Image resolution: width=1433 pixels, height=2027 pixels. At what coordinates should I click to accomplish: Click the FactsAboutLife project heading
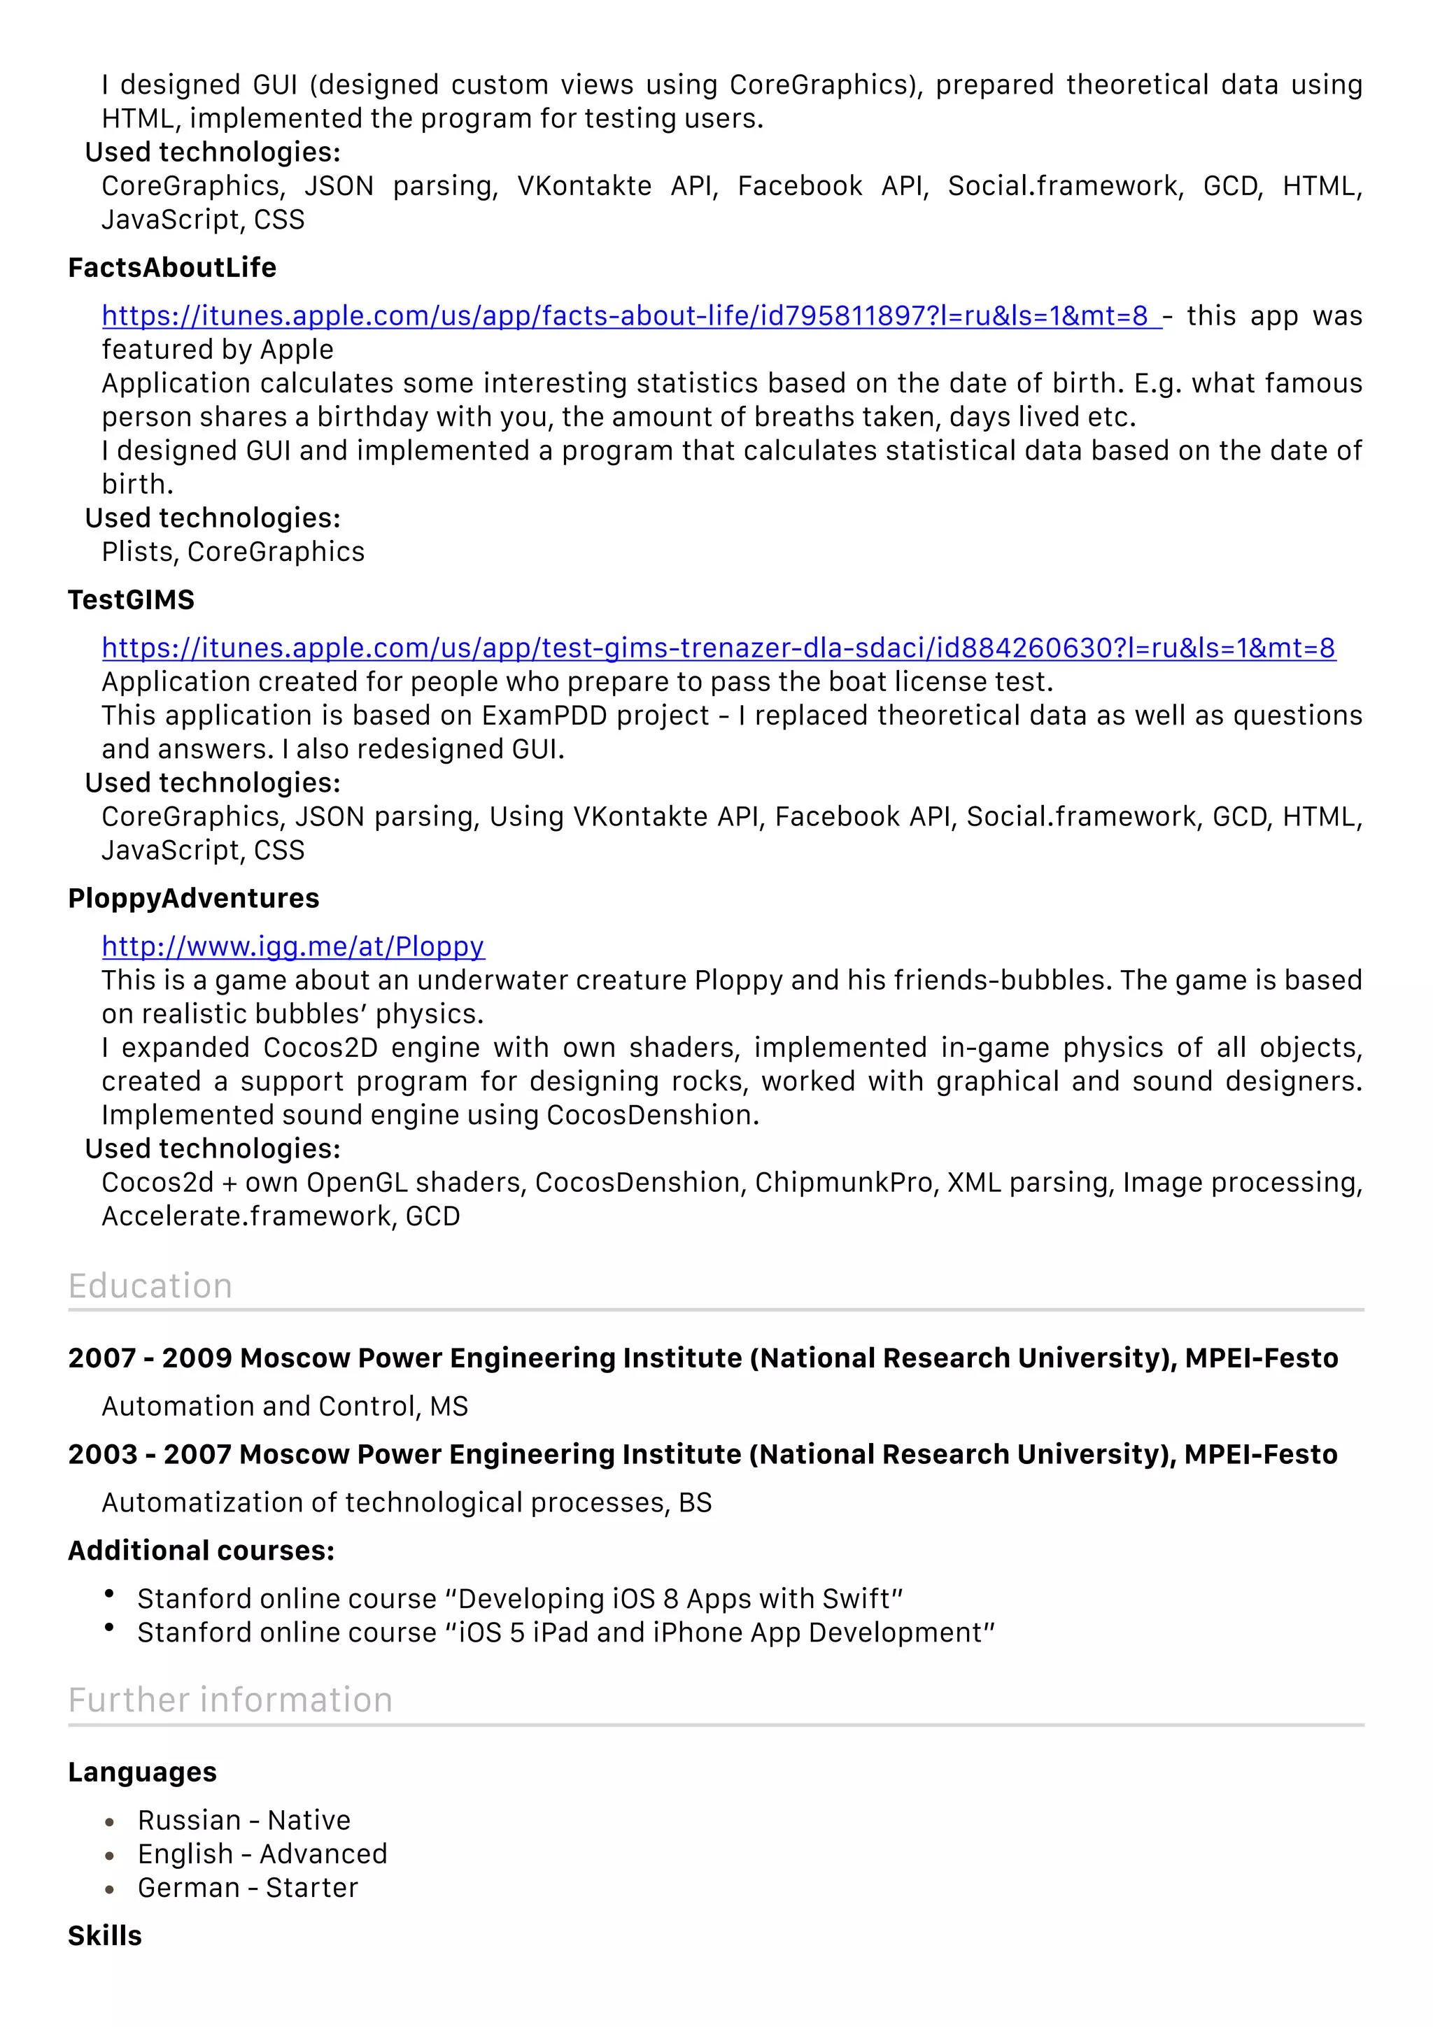pos(172,267)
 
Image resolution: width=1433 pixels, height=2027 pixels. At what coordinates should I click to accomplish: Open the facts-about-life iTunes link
pos(625,316)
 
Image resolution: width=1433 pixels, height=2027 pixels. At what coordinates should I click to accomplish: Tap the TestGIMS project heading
pos(131,599)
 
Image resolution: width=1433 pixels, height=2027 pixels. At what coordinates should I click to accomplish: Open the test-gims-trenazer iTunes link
pos(718,648)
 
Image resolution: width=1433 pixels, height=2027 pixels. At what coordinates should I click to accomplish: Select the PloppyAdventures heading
pos(193,898)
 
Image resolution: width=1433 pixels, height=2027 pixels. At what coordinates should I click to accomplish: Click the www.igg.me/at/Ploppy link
pos(292,946)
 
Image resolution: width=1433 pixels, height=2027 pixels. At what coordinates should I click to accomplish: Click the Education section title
pos(150,1286)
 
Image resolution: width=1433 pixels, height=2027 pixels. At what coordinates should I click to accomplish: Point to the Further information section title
pos(230,1700)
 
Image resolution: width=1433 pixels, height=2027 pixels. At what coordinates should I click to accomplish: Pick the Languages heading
pos(142,1772)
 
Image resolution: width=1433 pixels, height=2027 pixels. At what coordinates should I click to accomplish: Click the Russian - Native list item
pos(243,1821)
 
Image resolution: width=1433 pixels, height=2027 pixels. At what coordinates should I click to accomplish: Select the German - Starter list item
pos(247,1888)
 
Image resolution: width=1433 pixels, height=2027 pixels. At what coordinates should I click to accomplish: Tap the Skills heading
pos(104,1936)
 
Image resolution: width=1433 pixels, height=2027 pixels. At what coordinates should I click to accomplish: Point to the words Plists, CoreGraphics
pos(232,552)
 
